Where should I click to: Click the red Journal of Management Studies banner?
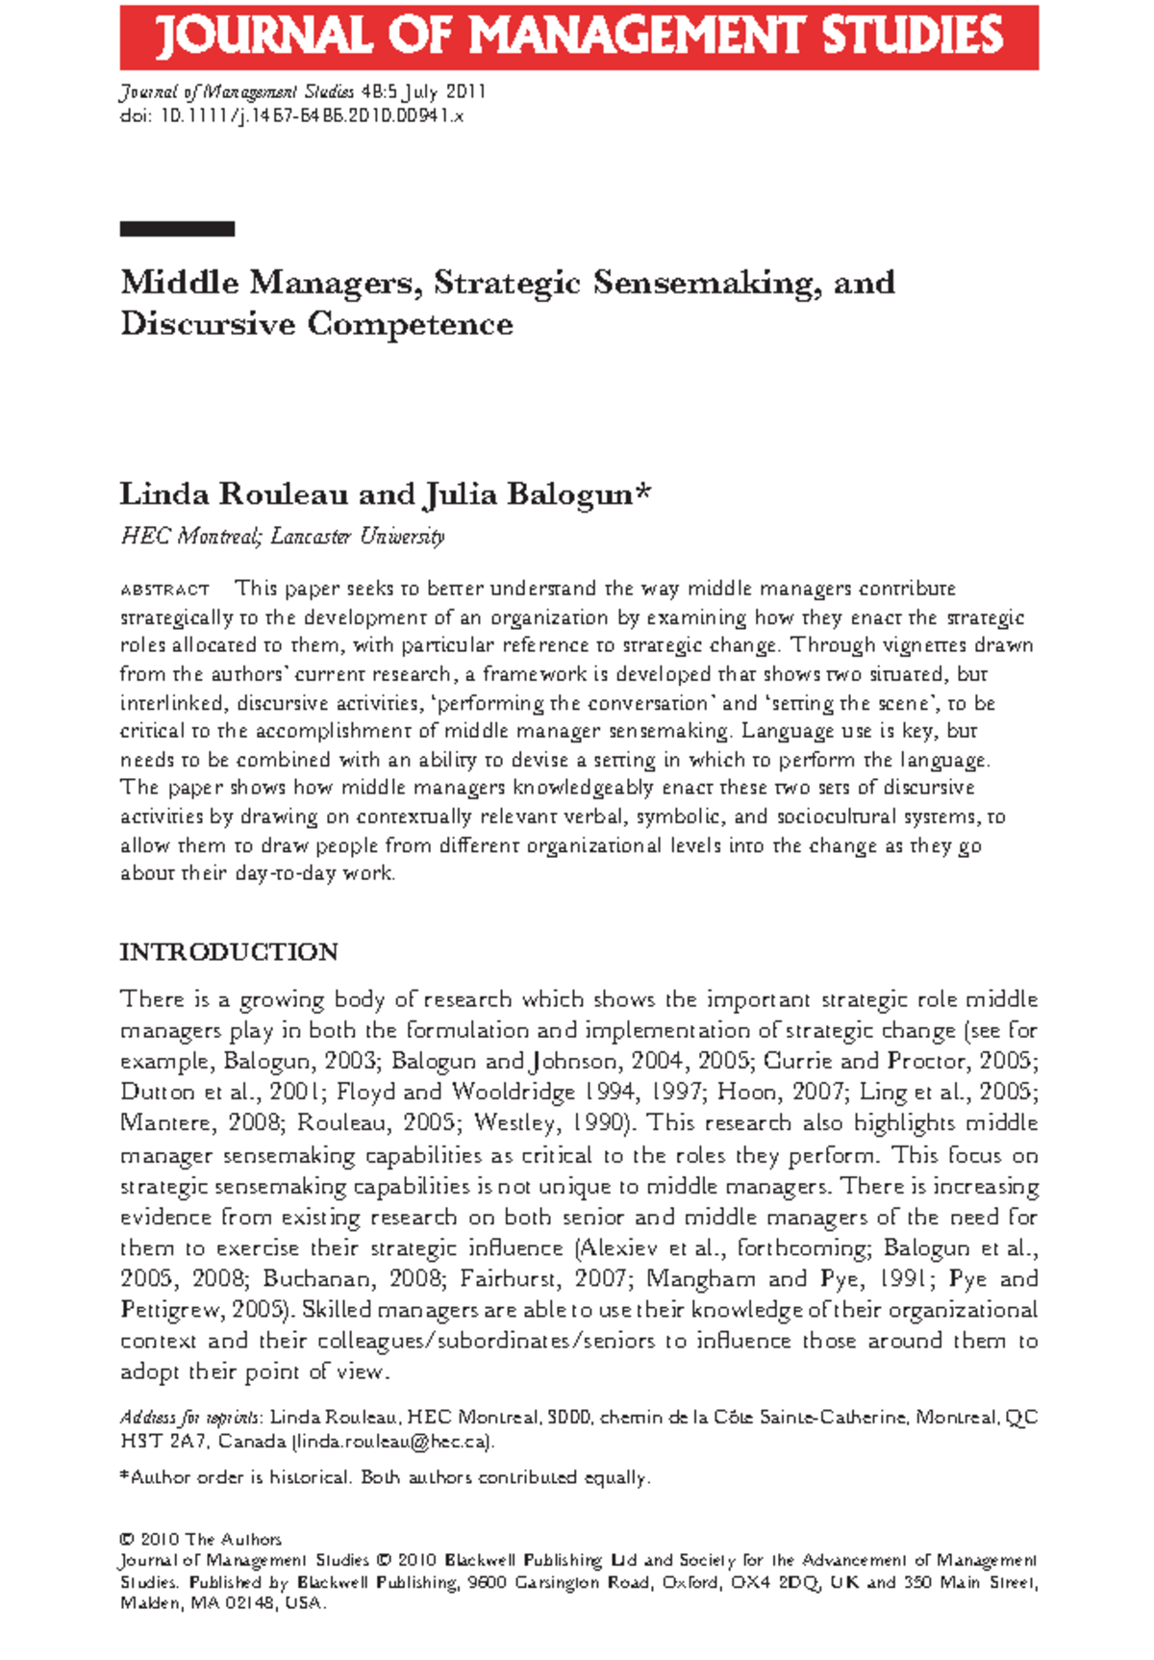[x=578, y=37]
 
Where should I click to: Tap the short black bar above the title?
[x=177, y=229]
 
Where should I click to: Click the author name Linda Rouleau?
[x=234, y=494]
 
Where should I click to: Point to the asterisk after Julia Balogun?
[x=643, y=492]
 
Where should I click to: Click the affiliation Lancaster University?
[x=357, y=537]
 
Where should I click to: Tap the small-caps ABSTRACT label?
[x=164, y=590]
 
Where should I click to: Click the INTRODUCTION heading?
[x=229, y=952]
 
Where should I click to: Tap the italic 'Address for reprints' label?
[x=189, y=1418]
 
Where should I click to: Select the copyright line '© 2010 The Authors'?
[x=200, y=1539]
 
